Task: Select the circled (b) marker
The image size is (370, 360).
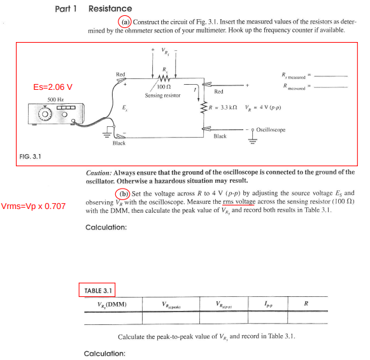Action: click(123, 193)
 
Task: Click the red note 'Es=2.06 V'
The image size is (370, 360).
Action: click(52, 87)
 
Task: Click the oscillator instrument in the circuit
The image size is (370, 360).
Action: click(54, 115)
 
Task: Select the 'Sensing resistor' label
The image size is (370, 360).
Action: click(162, 95)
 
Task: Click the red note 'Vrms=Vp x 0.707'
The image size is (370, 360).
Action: click(33, 206)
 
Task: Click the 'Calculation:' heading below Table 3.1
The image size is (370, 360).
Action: click(104, 353)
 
